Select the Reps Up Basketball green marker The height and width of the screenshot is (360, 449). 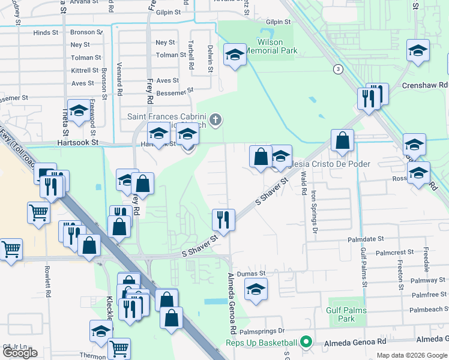coord(306,343)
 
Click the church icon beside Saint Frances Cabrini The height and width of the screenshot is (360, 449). coord(215,120)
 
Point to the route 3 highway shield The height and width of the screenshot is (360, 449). coord(339,69)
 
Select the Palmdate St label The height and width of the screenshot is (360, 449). coord(365,239)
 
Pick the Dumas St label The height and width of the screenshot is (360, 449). coord(252,273)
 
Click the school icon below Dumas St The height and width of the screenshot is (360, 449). coord(256,290)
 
